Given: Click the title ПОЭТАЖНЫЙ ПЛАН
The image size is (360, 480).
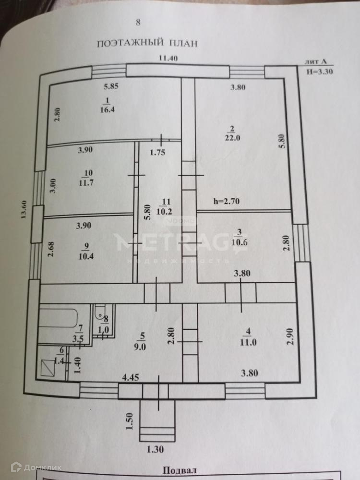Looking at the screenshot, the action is [x=147, y=43].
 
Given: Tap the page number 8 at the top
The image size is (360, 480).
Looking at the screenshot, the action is [x=138, y=22].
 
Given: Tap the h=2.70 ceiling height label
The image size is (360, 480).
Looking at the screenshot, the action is [x=229, y=202].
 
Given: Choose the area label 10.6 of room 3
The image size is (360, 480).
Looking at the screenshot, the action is [x=240, y=242].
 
